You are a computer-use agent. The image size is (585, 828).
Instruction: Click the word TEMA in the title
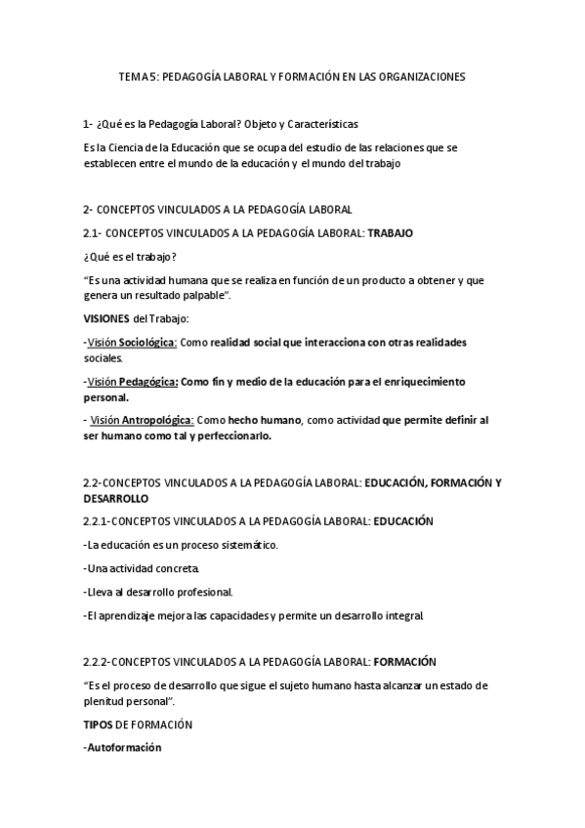pos(131,76)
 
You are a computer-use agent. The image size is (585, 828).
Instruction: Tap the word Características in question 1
pos(323,124)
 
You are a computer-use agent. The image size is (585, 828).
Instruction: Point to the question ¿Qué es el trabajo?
pos(131,257)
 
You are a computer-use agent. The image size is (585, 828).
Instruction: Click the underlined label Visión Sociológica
pos(132,342)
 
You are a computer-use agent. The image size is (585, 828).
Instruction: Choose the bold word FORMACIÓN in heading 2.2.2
pos(399,661)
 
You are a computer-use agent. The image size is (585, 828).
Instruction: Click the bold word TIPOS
pos(99,724)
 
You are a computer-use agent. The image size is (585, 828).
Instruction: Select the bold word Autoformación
pos(124,748)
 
